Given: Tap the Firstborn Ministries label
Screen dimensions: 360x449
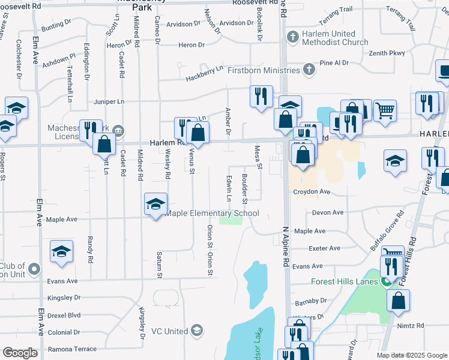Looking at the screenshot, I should tap(264, 70).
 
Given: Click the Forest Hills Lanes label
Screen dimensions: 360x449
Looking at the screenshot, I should tap(345, 281).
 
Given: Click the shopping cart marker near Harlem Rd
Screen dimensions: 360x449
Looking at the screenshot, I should tap(385, 110).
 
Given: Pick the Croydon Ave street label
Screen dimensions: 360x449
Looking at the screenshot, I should tap(312, 192).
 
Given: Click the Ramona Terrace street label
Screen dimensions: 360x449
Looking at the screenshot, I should tap(72, 349).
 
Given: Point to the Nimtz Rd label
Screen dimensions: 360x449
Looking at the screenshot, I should tap(411, 325).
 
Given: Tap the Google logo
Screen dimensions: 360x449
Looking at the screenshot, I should tap(20, 353).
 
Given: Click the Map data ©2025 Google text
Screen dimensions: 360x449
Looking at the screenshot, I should tap(411, 355).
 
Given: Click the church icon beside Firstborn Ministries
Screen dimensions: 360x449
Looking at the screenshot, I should tap(309, 70).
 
